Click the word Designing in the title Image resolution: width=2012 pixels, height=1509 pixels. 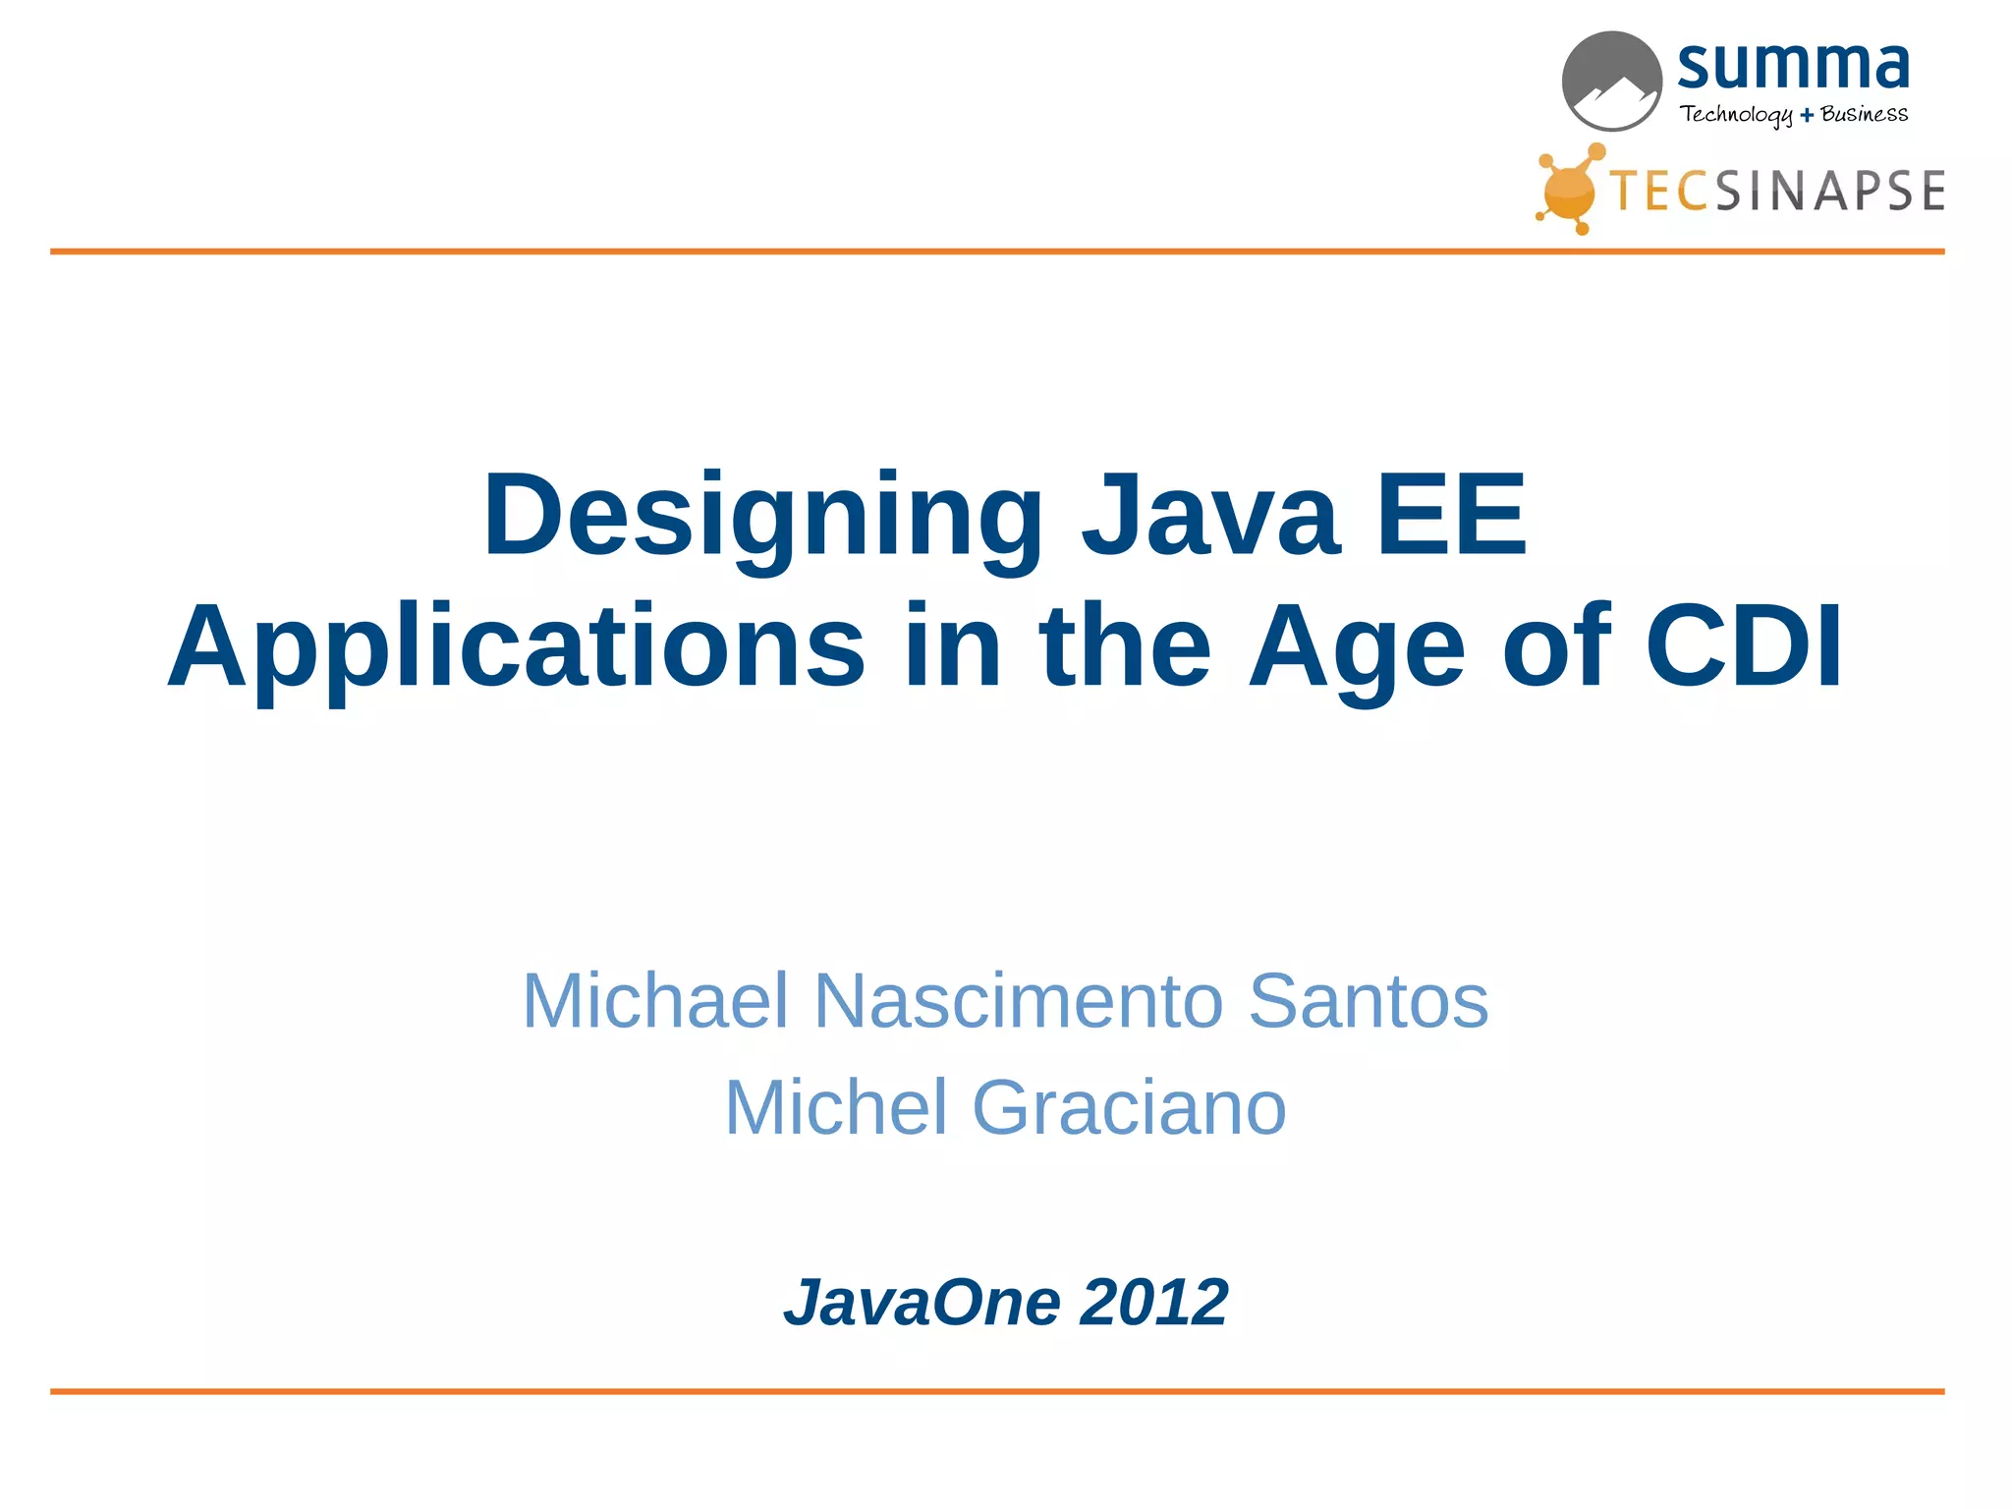762,517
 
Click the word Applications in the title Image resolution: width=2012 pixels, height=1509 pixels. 517,648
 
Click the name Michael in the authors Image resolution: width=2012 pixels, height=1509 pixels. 655,1000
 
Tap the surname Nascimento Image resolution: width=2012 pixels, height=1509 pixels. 1019,1000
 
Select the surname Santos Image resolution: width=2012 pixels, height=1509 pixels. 1368,1000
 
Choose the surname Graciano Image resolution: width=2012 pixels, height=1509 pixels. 1129,1107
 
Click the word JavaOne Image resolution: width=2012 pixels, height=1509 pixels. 922,1303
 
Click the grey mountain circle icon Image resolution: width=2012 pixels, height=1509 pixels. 1611,82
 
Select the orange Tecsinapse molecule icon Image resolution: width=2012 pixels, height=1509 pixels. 1569,190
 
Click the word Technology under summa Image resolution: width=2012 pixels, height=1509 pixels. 1736,115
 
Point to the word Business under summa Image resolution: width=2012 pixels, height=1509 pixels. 1864,114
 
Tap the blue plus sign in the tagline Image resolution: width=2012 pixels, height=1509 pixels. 1807,116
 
